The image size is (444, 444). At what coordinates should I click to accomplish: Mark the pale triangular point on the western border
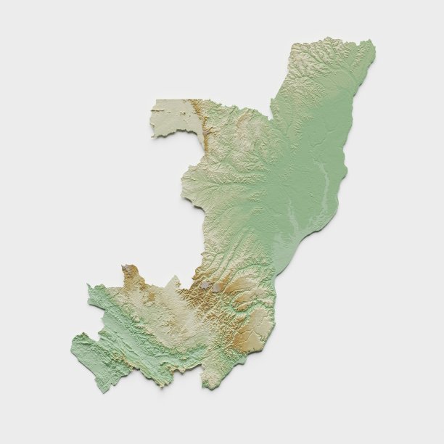[173, 278]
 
